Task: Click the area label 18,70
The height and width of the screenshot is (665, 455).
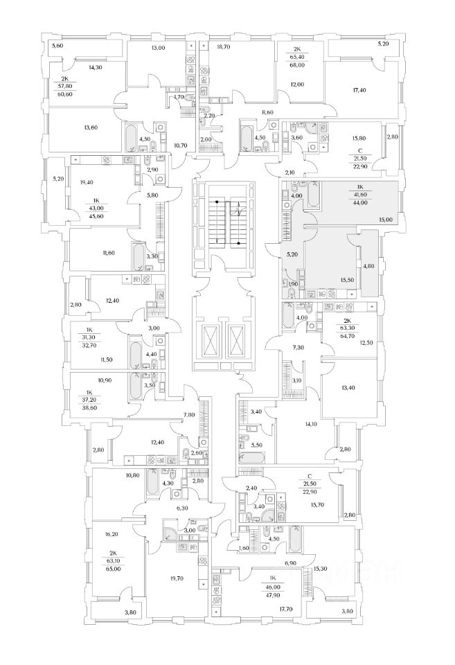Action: coord(223,47)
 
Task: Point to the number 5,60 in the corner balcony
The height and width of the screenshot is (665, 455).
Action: coord(57,46)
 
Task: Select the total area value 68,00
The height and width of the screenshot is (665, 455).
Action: coord(297,65)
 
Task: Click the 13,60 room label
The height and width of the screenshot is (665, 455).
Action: coord(91,127)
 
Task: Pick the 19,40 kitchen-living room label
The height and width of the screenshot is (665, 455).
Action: coord(86,182)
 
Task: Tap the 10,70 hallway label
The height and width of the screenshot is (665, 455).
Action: coord(181,145)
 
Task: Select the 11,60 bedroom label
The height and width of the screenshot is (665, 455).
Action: coord(108,254)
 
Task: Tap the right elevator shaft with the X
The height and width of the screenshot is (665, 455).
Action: coord(235,341)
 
